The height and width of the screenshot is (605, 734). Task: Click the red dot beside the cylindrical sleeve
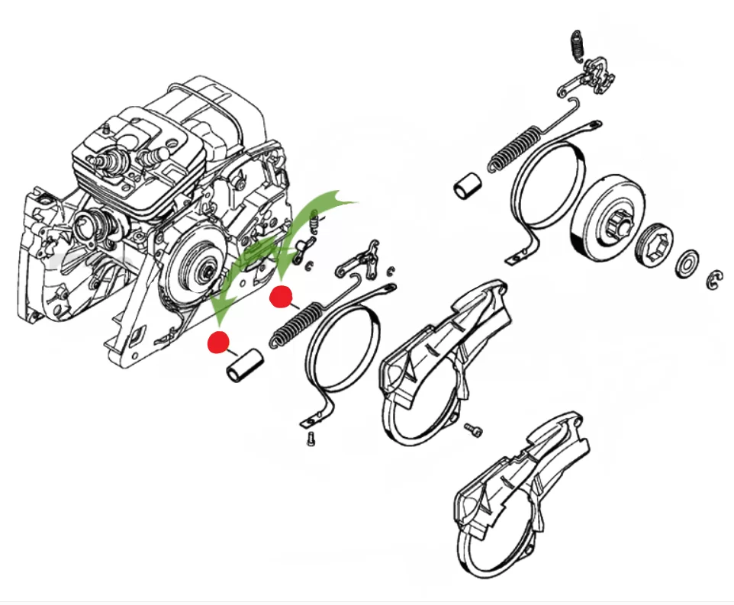click(x=220, y=343)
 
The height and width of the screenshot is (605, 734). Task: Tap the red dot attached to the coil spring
click(x=282, y=296)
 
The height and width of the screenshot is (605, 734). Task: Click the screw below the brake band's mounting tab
click(x=311, y=439)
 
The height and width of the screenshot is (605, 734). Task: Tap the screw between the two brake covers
click(x=474, y=432)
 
